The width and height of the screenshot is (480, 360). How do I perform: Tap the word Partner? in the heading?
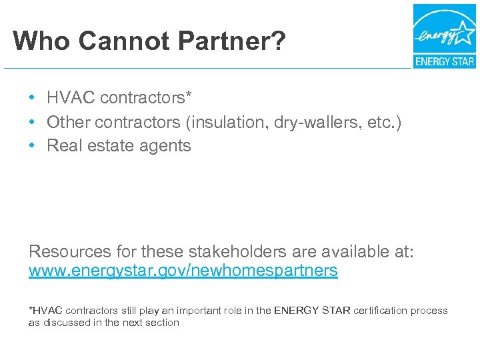point(229,41)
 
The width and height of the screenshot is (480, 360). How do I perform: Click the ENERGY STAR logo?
point(444,37)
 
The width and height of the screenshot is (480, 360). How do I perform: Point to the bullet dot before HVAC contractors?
point(32,99)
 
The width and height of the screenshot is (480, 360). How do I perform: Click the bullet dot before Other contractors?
point(32,123)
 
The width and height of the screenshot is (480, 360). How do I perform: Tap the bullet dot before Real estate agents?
point(32,146)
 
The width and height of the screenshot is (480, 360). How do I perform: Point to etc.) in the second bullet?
point(384,123)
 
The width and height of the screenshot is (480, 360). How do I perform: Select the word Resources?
point(70,252)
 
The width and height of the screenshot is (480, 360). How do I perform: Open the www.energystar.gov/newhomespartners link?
point(183,271)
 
